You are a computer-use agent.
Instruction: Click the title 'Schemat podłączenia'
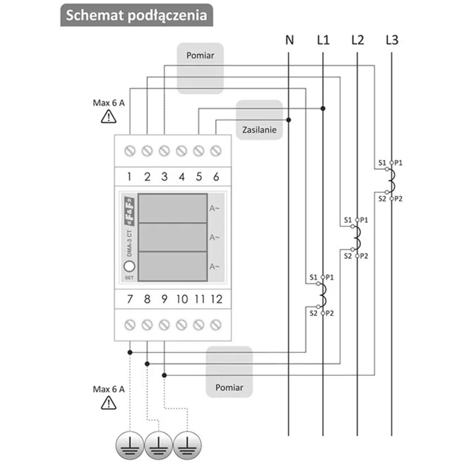(x=136, y=15)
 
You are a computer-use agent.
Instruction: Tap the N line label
(x=290, y=40)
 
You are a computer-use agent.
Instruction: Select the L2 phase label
(x=358, y=40)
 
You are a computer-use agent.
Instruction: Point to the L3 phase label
(x=392, y=40)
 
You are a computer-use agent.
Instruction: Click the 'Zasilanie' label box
(x=259, y=120)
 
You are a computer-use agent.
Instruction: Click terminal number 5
(x=199, y=177)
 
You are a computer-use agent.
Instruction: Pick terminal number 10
(x=182, y=299)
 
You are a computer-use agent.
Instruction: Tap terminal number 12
(x=217, y=299)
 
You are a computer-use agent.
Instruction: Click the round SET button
(x=129, y=266)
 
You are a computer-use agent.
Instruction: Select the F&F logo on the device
(x=129, y=211)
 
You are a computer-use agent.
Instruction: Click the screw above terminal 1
(x=130, y=151)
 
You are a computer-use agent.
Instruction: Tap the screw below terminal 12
(x=216, y=325)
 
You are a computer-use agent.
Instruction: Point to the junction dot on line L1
(x=323, y=109)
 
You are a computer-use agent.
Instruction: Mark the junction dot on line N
(x=289, y=120)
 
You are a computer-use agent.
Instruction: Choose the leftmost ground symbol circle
(x=130, y=445)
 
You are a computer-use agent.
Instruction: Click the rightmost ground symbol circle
(x=187, y=445)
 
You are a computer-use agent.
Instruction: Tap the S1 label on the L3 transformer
(x=382, y=163)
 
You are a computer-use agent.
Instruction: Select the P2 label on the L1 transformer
(x=330, y=313)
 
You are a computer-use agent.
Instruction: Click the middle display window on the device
(x=172, y=237)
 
